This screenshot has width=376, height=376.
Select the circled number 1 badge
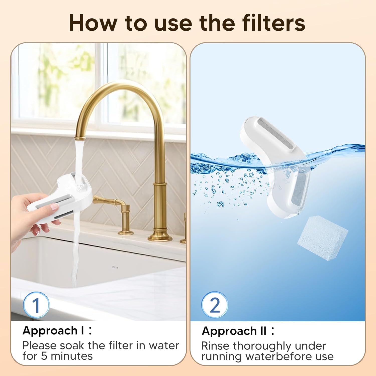point(36,305)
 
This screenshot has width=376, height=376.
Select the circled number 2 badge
point(215,305)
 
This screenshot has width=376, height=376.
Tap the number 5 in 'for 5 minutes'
point(44,356)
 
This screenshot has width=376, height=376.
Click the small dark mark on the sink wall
point(115,267)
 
